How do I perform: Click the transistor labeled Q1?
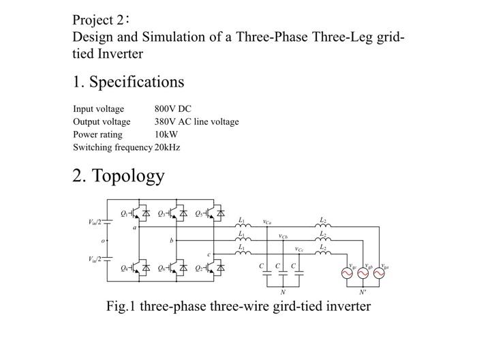[138, 213]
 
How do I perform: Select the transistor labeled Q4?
[138, 268]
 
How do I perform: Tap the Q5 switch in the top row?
[213, 213]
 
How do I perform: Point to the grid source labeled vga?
[379, 273]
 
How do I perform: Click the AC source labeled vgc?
[347, 273]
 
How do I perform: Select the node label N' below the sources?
[363, 291]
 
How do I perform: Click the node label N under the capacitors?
[283, 291]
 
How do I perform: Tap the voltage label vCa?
[267, 222]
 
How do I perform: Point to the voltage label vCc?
[299, 249]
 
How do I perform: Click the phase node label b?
[172, 241]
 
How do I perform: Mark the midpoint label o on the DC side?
[103, 241]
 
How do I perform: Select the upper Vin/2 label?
[95, 222]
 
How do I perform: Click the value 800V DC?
[173, 109]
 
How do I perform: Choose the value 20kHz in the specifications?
[168, 147]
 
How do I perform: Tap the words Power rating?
[97, 134]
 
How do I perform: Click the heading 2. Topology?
[119, 176]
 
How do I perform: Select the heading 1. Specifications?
[128, 82]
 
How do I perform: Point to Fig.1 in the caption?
[122, 306]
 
